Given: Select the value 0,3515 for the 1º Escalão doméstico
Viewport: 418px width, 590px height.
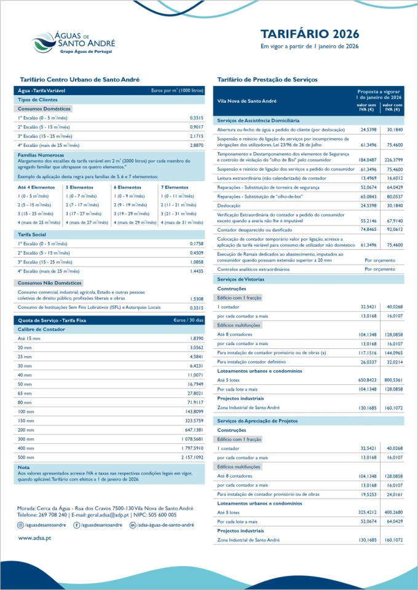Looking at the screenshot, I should coord(197,117).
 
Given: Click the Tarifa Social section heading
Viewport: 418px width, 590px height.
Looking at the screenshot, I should coord(32,235).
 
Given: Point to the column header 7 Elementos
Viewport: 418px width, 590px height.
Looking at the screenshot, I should coord(175,187).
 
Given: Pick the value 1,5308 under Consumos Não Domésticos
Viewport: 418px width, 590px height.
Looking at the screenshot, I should coord(197,298).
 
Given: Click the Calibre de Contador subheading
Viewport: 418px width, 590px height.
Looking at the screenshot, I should coord(42,329).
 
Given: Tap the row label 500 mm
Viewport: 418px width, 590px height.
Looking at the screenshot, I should coord(25,457).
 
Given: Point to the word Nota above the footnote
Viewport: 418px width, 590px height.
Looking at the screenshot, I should coord(23,467).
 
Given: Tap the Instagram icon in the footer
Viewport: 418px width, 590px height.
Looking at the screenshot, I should coord(21,526).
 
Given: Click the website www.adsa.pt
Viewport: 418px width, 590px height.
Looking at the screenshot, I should coord(34,538).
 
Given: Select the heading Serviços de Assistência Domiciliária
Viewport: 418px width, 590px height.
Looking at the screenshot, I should coord(258,120).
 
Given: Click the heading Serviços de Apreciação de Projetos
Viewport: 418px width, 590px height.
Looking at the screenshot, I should coord(255,420).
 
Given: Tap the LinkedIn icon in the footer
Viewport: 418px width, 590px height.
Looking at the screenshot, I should coord(132,526).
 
